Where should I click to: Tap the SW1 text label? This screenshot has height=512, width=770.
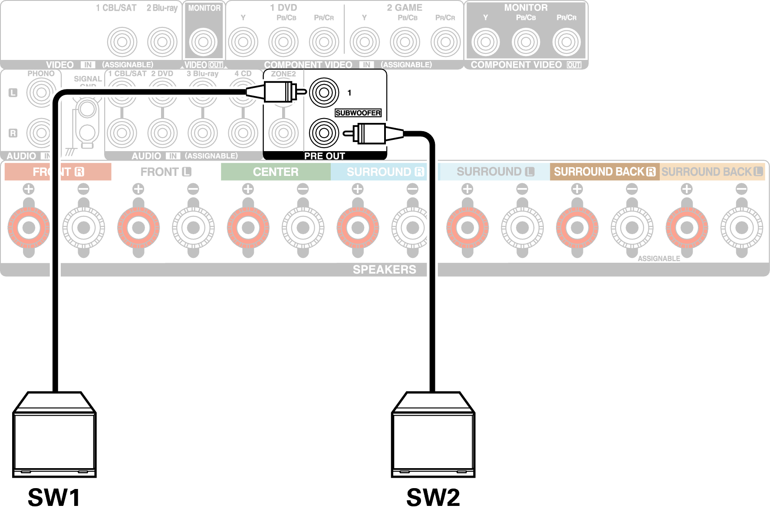pos(54,497)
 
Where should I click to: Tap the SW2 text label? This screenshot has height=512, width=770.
pos(433,497)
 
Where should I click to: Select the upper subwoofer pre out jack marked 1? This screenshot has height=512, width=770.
pos(324,92)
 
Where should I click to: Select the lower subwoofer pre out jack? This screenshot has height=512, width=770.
pos(324,133)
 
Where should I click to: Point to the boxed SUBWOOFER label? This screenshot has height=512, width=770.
pos(358,113)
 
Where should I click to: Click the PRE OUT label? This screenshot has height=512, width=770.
pos(324,156)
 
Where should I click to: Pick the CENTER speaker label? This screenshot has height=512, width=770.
pos(276,172)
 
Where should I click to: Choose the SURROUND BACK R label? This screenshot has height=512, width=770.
pos(604,172)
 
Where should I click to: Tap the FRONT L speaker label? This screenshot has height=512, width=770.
pos(166,172)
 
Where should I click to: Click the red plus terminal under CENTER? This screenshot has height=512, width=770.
pos(248,227)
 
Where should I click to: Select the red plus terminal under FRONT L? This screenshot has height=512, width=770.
pos(138,227)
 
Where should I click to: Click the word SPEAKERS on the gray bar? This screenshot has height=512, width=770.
pos(384,270)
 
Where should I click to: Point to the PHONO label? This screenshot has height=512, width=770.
pos(41,74)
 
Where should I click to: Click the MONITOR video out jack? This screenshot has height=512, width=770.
pos(203,42)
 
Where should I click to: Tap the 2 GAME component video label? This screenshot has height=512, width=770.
pos(405,7)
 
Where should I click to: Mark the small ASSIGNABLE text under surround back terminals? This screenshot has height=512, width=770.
pos(658,259)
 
